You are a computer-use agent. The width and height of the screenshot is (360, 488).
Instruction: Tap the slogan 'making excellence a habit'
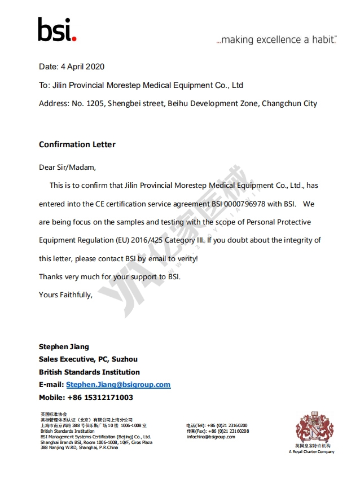pyautogui.click(x=276, y=40)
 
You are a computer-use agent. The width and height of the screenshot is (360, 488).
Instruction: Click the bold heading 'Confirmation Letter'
pyautogui.click(x=77, y=144)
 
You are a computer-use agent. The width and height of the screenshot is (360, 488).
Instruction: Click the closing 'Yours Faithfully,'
pyautogui.click(x=65, y=294)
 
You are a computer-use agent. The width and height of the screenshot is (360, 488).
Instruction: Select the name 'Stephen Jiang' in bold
pyautogui.click(x=64, y=346)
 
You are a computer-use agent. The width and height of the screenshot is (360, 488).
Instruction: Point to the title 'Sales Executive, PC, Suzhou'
pyautogui.click(x=88, y=359)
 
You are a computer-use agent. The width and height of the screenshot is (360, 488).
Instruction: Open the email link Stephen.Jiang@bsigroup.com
pyautogui.click(x=118, y=385)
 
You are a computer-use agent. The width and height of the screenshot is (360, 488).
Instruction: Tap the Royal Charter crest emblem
pyautogui.click(x=311, y=427)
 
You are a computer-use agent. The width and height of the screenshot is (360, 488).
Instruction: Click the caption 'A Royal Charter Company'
pyautogui.click(x=311, y=452)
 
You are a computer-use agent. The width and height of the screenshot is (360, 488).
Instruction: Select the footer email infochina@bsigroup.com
pyautogui.click(x=210, y=437)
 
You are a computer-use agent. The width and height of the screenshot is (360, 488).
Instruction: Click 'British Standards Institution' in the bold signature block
pyautogui.click(x=89, y=372)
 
